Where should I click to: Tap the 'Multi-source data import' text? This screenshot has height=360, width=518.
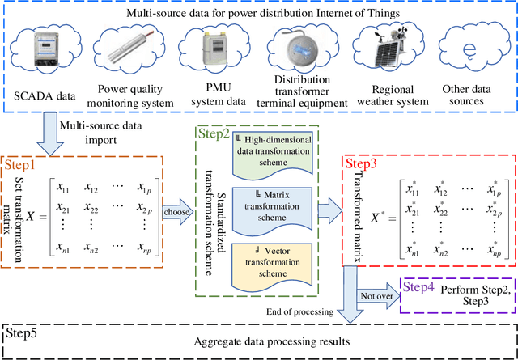(x=96, y=130)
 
